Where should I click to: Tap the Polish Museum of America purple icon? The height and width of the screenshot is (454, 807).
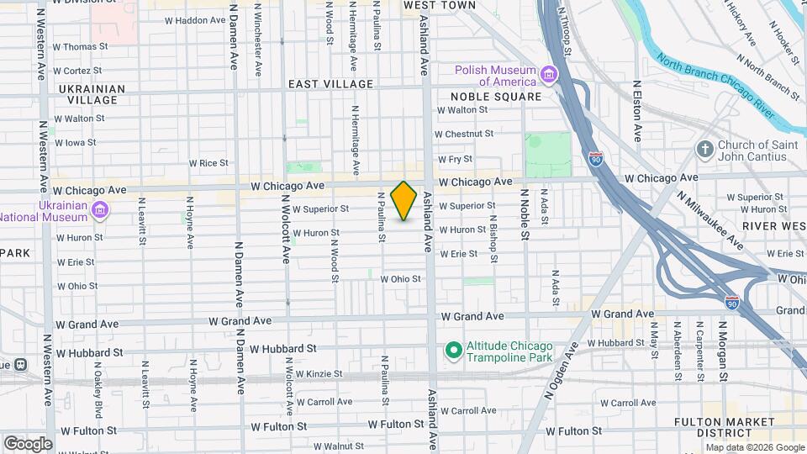pos(549,76)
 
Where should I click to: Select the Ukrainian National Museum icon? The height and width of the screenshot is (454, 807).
pos(100,209)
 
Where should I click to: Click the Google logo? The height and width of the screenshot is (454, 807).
pos(28,444)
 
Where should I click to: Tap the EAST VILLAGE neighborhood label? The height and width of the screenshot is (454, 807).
pos(330,84)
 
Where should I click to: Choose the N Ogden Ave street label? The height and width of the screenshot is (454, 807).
pos(570,365)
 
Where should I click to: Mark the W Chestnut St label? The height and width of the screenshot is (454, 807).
pos(463,134)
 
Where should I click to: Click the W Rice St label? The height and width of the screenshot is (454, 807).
pos(208,163)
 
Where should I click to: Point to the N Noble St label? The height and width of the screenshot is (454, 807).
pos(525,215)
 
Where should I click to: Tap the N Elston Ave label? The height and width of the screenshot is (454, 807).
pos(638,111)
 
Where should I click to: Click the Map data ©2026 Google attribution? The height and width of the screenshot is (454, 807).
pos(755,447)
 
